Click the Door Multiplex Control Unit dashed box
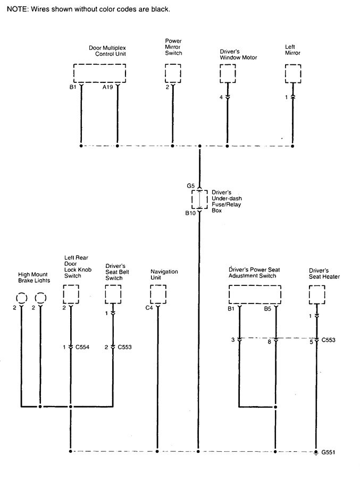tap(99, 73)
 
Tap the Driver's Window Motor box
tap(228, 73)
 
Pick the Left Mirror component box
tap(293, 73)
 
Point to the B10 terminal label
tap(190, 213)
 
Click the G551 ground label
tap(328, 452)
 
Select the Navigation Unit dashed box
tap(158, 293)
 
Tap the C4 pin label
tap(149, 308)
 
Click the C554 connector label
tap(82, 347)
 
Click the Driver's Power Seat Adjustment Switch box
tap(255, 293)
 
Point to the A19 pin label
tap(107, 87)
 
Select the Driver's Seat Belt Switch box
tap(113, 293)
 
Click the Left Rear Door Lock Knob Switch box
tap(71, 293)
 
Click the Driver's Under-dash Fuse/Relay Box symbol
tap(199, 199)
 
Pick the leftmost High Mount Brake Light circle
tap(21, 297)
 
